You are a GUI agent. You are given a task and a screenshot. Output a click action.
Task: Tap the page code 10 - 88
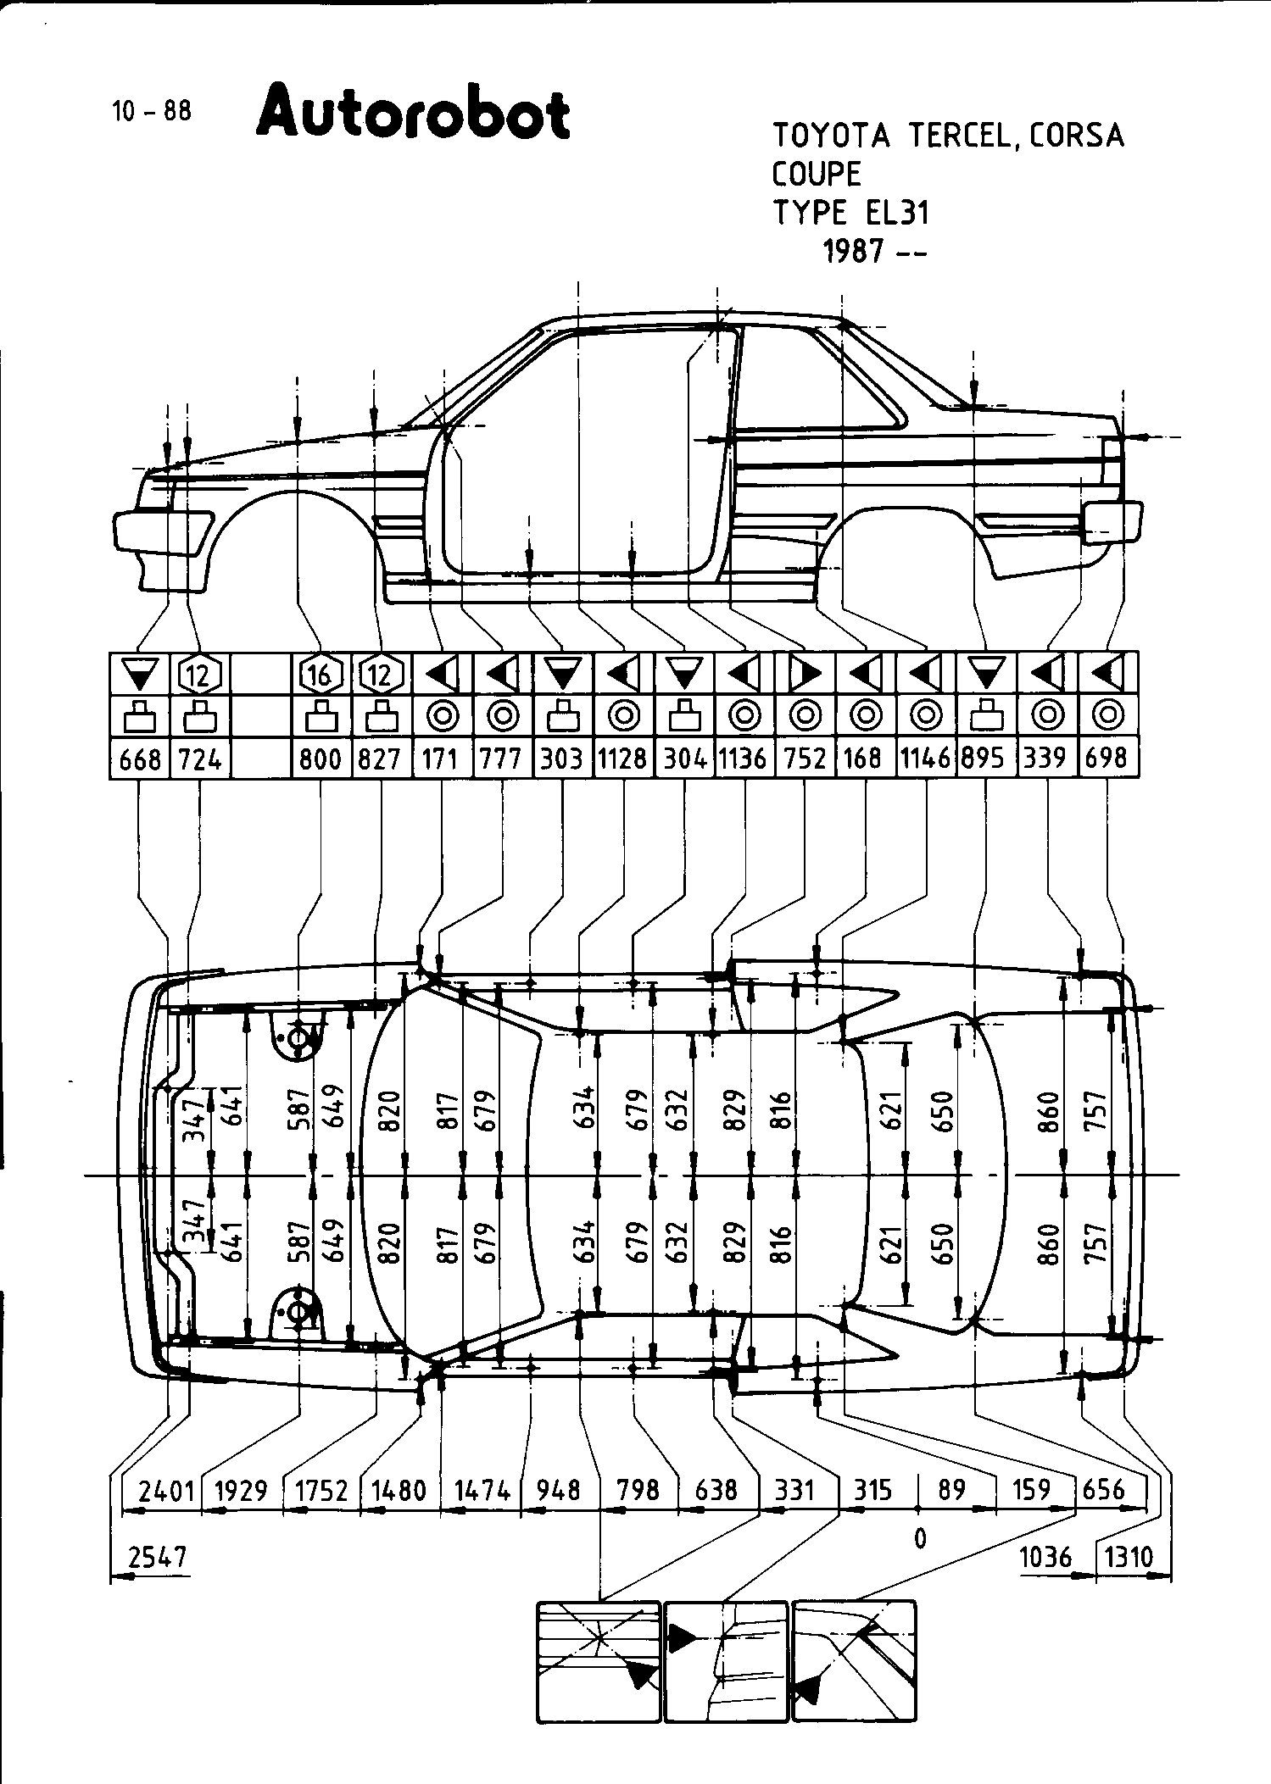[151, 111]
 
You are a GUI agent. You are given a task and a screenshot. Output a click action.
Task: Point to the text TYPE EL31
[850, 213]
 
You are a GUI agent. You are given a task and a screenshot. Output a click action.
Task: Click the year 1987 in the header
[854, 252]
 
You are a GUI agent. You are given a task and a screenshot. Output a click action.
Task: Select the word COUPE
[817, 174]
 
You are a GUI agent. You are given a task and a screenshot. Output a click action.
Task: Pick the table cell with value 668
[140, 759]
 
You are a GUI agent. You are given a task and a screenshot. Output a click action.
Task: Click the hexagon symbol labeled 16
[321, 675]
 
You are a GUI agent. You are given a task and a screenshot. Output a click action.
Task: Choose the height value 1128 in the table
[622, 759]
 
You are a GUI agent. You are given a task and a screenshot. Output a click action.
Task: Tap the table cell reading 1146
[925, 759]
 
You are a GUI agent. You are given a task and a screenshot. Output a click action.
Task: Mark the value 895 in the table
[985, 759]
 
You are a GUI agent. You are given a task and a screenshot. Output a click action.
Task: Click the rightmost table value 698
[1107, 759]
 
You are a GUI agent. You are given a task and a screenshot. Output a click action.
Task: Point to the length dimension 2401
[166, 1489]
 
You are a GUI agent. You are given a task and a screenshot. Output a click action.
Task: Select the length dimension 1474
[482, 1489]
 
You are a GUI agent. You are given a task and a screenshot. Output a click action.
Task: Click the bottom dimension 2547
[158, 1558]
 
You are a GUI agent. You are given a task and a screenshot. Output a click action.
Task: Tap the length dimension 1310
[1130, 1558]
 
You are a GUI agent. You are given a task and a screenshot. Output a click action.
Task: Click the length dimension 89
[952, 1489]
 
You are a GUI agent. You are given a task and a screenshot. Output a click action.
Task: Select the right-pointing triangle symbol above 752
[805, 675]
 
